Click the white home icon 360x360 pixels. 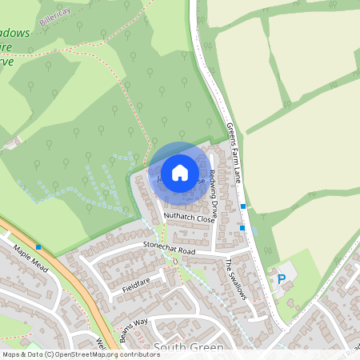click(180, 172)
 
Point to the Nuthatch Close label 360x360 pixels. click(190, 217)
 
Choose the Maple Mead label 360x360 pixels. click(31, 258)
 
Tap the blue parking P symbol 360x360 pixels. click(281, 279)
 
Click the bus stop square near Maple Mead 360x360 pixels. click(38, 246)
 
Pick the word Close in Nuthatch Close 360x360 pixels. click(205, 218)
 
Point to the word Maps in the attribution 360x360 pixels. click(10, 354)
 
